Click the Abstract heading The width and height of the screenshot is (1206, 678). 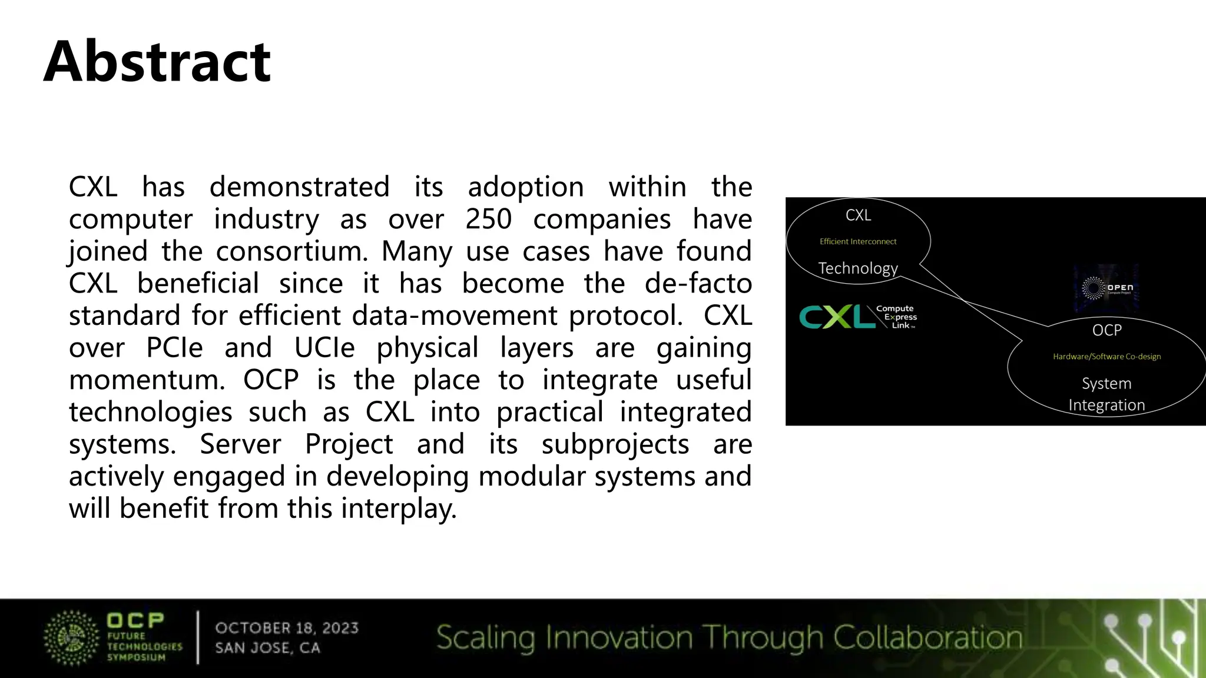coord(157,61)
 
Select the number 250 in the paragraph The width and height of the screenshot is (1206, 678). coord(488,220)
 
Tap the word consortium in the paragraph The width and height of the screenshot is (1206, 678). coord(291,252)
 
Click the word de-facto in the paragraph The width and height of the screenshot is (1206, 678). coord(698,284)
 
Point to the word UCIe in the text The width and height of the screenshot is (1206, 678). coord(324,348)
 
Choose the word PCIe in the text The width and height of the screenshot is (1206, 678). coord(174,348)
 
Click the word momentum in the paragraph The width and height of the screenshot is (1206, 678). coord(147,380)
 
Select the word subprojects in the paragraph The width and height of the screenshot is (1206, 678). coord(615,444)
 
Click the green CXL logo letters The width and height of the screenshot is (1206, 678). coord(837,317)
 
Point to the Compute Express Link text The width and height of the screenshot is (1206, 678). coord(896,317)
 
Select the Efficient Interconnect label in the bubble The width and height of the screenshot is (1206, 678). coord(858,241)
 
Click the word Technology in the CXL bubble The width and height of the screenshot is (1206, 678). coord(858,268)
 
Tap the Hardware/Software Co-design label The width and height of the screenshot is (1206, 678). coord(1106,357)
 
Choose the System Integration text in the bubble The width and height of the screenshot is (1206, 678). coord(1106,394)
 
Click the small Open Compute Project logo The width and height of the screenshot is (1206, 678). coord(1106,288)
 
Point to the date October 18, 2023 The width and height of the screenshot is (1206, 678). coord(287,628)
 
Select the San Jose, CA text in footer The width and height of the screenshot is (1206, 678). coord(267,648)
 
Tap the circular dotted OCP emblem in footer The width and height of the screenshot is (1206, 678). coord(71,638)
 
